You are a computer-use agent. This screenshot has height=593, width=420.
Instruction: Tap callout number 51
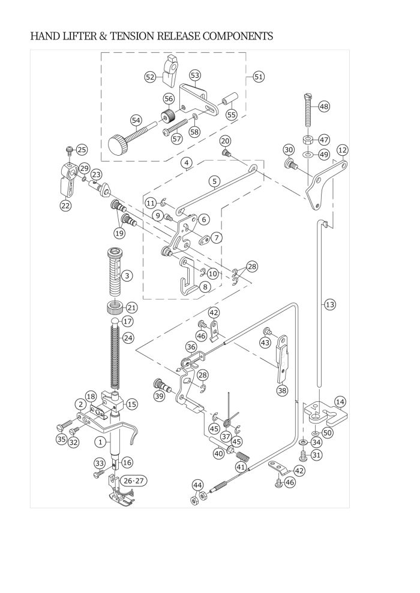pyautogui.click(x=258, y=77)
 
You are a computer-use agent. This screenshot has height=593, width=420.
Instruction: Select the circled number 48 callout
pyautogui.click(x=324, y=106)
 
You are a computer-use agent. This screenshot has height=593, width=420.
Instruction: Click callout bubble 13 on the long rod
pyautogui.click(x=330, y=304)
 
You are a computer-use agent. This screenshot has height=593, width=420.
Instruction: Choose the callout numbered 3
pyautogui.click(x=127, y=276)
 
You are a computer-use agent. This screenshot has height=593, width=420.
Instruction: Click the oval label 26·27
pyautogui.click(x=134, y=480)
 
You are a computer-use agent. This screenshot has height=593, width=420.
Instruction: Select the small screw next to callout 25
pyautogui.click(x=70, y=150)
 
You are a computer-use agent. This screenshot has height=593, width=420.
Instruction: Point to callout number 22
pyautogui.click(x=65, y=205)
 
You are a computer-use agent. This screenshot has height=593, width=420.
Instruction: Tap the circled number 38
pyautogui.click(x=282, y=390)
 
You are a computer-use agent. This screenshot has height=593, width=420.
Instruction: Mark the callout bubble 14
pyautogui.click(x=340, y=402)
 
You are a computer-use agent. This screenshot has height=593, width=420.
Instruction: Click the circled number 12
pyautogui.click(x=343, y=150)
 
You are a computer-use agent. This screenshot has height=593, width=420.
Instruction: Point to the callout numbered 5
pyautogui.click(x=214, y=181)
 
